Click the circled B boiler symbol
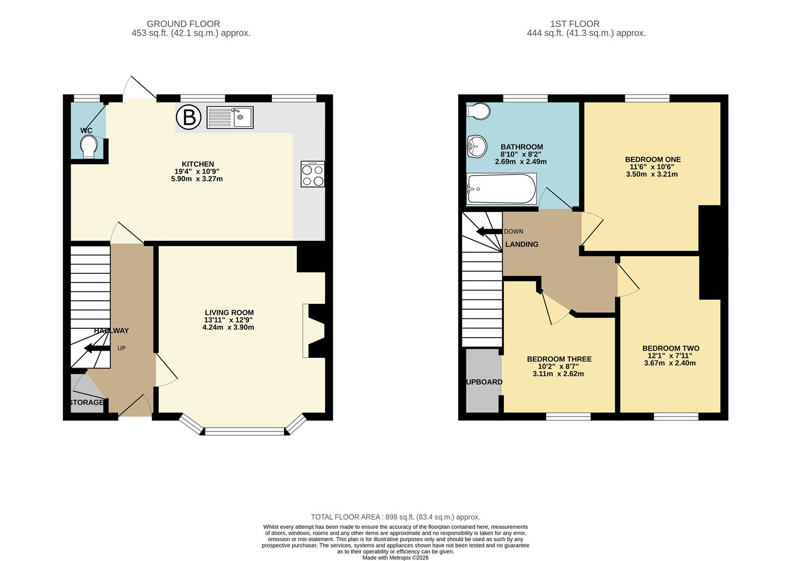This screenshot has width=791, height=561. coord(188,117)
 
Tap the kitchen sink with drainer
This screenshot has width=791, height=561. coord(229,117)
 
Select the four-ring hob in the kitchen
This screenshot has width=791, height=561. coord(313,175)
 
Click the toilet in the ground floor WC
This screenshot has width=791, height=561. coord(89,145)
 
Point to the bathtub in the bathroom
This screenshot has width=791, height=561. coord(501,189)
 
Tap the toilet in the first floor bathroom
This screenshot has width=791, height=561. coord(478,111)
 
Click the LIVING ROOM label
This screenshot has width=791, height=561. coord(229,313)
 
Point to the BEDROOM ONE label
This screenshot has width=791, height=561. coord(652,159)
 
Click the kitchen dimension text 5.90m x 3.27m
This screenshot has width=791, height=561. coord(197,179)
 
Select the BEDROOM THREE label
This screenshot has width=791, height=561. coord(559,359)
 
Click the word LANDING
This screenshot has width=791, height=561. coord(522,244)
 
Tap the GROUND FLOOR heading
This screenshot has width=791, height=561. coord(183,24)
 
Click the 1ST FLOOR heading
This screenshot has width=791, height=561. coord(575,24)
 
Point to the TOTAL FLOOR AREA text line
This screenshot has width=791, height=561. coord(395,517)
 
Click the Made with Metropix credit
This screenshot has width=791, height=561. coord(395,557)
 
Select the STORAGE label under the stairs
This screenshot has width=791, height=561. coord(87,403)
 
